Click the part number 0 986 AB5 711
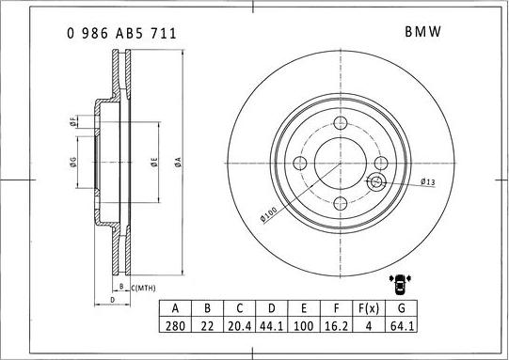(x=121, y=32)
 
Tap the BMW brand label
(x=422, y=32)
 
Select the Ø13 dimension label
(x=426, y=181)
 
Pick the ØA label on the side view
(x=177, y=161)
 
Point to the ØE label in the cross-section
(x=152, y=161)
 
